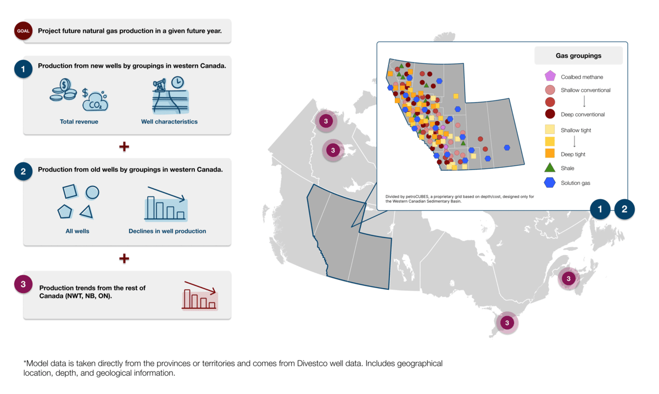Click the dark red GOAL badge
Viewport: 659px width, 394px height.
(x=23, y=31)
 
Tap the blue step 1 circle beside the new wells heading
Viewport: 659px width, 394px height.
(x=23, y=69)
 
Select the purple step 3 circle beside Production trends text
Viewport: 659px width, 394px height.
(x=23, y=284)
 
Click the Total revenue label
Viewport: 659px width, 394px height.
(x=79, y=122)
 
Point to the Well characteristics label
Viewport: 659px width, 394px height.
(x=169, y=122)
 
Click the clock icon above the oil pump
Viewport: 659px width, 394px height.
(x=178, y=82)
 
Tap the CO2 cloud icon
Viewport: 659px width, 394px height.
(x=95, y=102)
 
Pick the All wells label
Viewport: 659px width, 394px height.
(x=77, y=231)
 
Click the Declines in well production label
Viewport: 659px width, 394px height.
(x=167, y=231)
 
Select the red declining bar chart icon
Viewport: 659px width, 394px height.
(x=200, y=295)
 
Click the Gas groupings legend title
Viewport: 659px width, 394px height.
(x=578, y=55)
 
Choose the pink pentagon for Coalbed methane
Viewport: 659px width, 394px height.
(x=550, y=76)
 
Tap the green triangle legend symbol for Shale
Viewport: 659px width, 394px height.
(x=550, y=167)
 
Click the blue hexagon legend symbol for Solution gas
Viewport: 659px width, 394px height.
(x=550, y=183)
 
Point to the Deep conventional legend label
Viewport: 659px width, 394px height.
(x=583, y=114)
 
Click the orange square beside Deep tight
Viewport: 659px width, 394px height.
(x=550, y=153)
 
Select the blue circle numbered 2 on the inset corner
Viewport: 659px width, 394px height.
(x=624, y=209)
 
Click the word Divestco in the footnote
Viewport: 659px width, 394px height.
(x=312, y=363)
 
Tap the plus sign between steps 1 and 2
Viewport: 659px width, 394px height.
(x=124, y=147)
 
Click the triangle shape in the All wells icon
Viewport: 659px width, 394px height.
(x=87, y=212)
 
